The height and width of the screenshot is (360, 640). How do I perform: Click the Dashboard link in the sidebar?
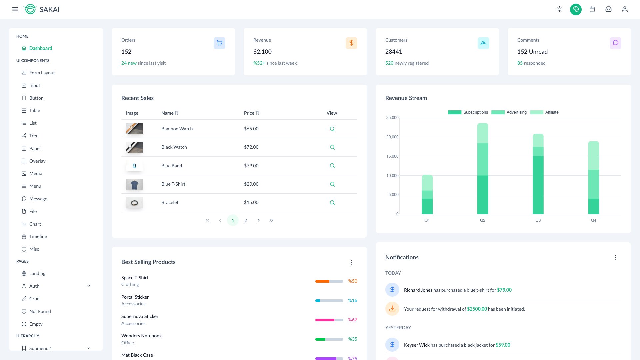click(x=40, y=48)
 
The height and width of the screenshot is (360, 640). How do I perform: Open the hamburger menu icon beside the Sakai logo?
click(x=15, y=9)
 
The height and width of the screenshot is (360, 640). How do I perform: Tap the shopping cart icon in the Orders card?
click(x=219, y=43)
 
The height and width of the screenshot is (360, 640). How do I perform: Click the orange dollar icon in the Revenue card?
click(x=351, y=43)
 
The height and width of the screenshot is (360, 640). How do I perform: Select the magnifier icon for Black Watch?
click(x=332, y=147)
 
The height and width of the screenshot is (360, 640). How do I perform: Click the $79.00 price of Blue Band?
click(x=251, y=166)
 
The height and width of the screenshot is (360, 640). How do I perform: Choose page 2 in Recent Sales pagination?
click(x=246, y=220)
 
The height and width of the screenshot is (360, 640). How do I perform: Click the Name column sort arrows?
click(x=177, y=113)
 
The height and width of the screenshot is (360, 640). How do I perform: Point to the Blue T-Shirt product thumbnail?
click(x=134, y=184)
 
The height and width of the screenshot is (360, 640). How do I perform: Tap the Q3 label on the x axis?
click(x=538, y=220)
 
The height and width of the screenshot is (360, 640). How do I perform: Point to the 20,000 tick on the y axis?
click(x=392, y=137)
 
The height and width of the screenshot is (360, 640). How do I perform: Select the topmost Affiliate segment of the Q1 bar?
click(x=427, y=182)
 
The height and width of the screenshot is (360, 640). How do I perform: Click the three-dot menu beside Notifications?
click(x=615, y=257)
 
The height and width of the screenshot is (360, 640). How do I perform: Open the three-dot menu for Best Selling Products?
click(x=351, y=262)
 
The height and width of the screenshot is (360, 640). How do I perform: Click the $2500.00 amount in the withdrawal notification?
click(x=477, y=309)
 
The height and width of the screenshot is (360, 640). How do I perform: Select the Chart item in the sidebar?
click(x=35, y=224)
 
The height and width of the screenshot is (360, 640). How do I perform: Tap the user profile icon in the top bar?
click(x=625, y=9)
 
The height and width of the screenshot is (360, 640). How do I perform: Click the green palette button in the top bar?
click(x=576, y=9)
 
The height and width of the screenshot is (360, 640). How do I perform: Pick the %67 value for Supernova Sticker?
click(x=352, y=320)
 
